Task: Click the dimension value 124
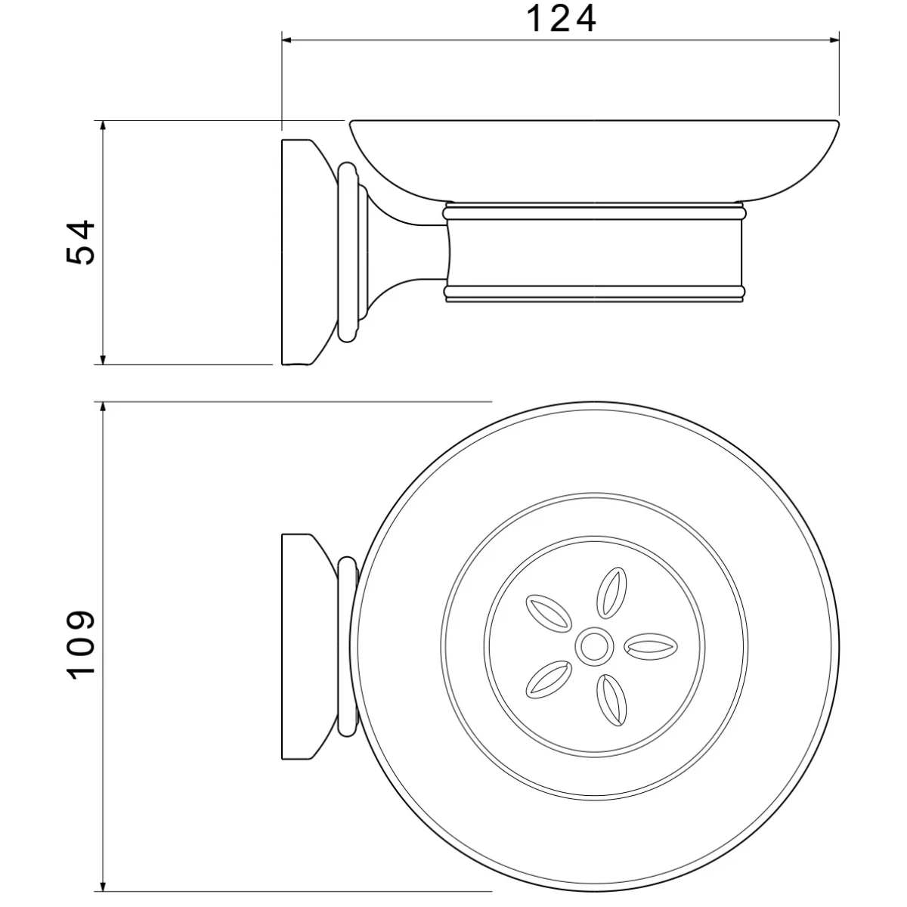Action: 561,19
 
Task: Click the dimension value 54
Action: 80,242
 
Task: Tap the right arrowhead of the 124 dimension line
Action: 833,41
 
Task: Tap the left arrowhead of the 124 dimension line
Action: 288,41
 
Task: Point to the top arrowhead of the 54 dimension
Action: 104,127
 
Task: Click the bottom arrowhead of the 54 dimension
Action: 104,358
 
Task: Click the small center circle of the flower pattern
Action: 595,647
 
